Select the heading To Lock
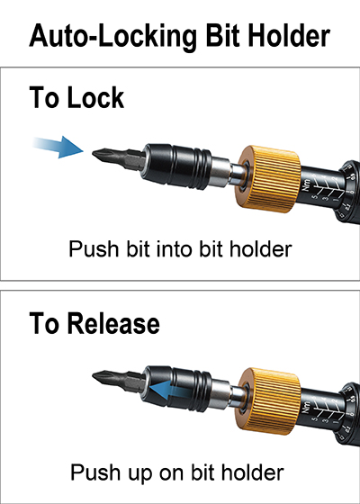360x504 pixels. coord(76,97)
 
